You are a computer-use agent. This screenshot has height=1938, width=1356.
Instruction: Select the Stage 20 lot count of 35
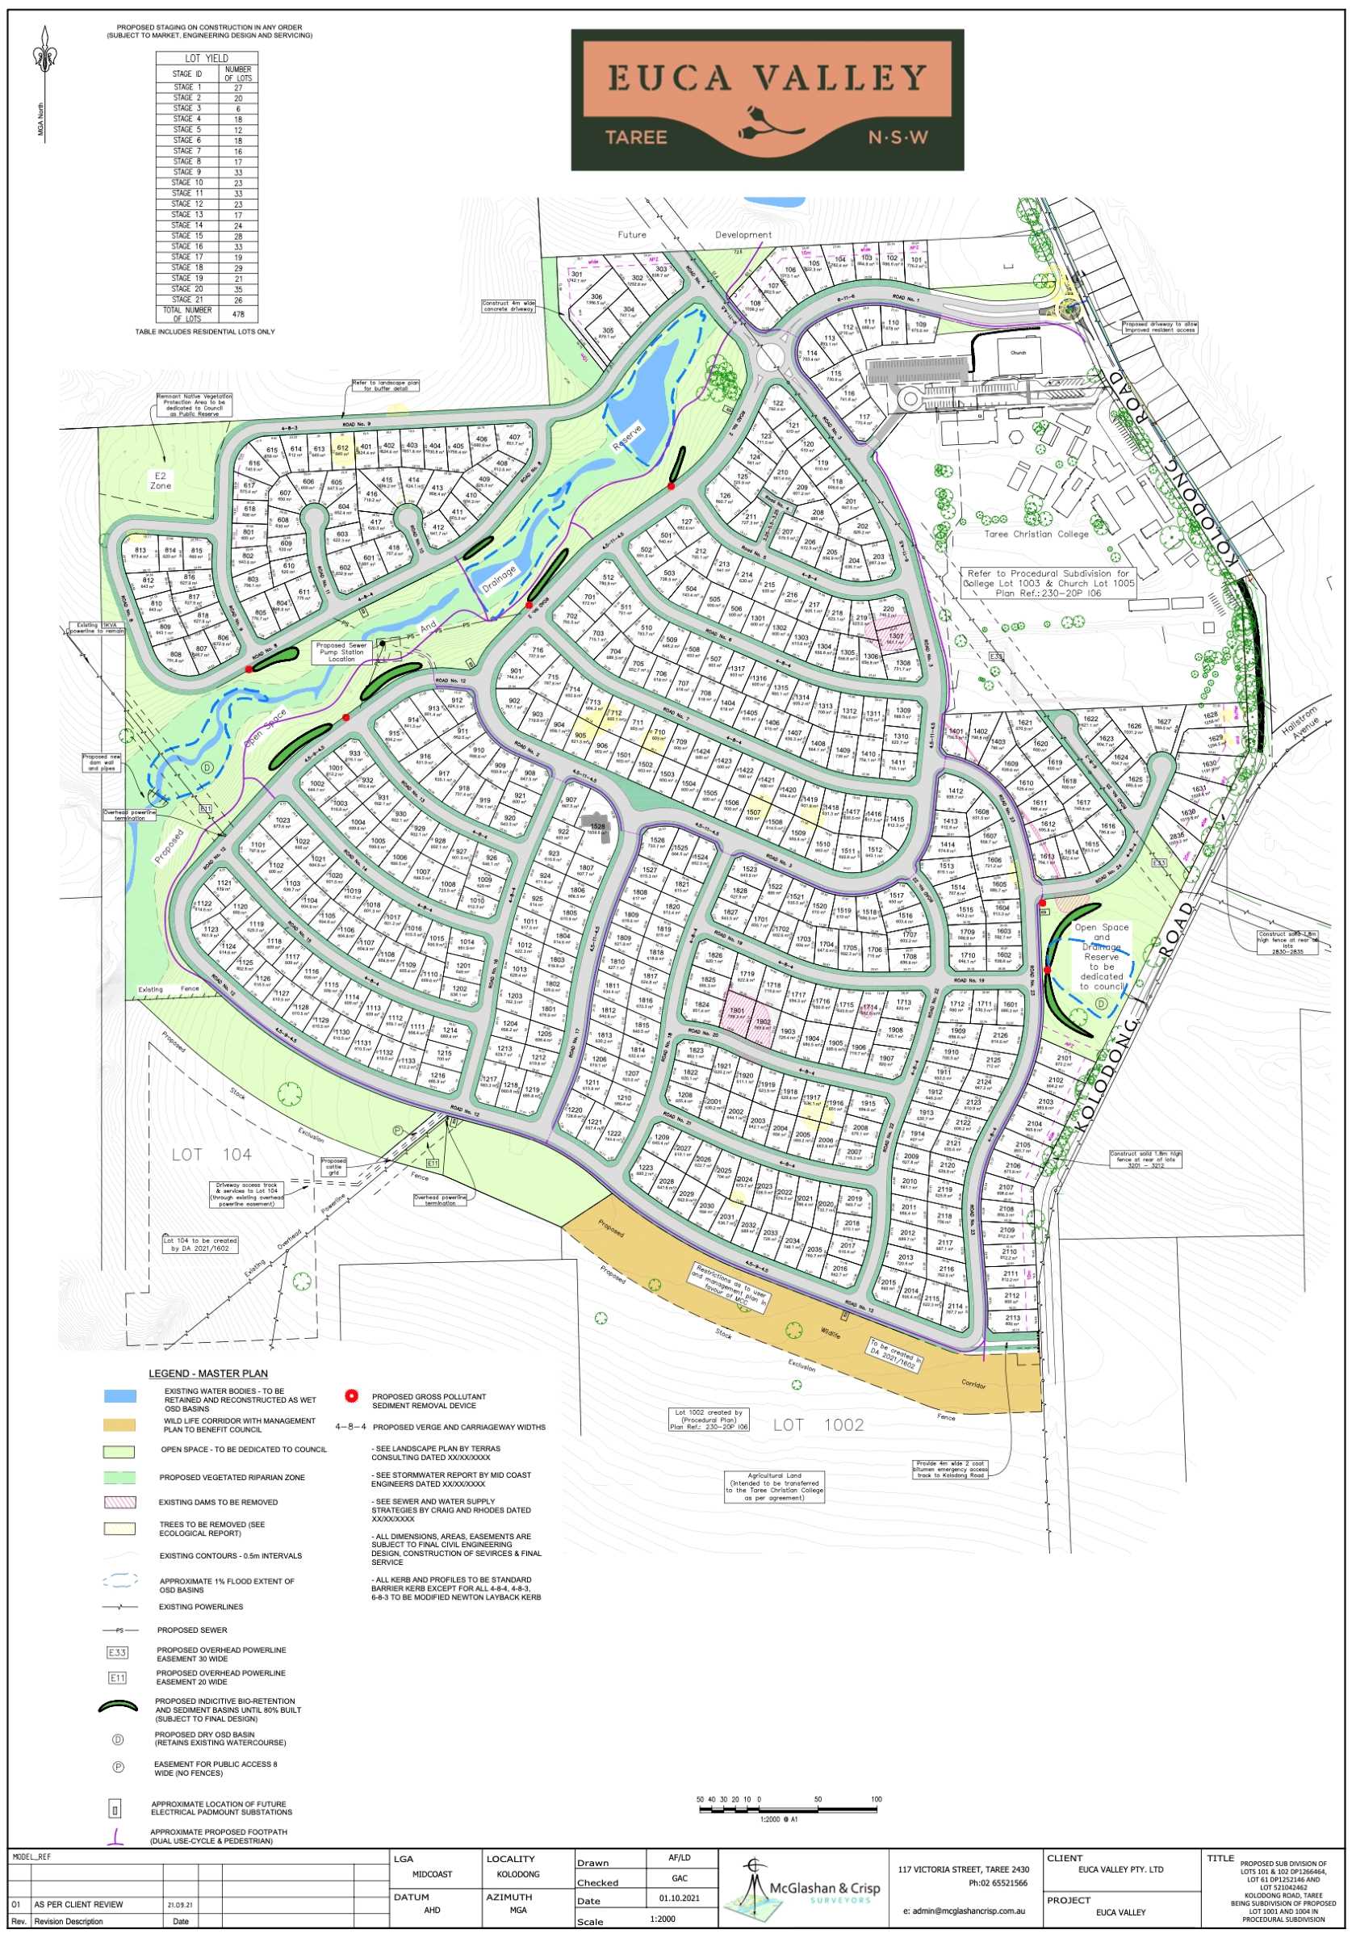coord(238,288)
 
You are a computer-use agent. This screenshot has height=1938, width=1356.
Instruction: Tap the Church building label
coord(1018,353)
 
